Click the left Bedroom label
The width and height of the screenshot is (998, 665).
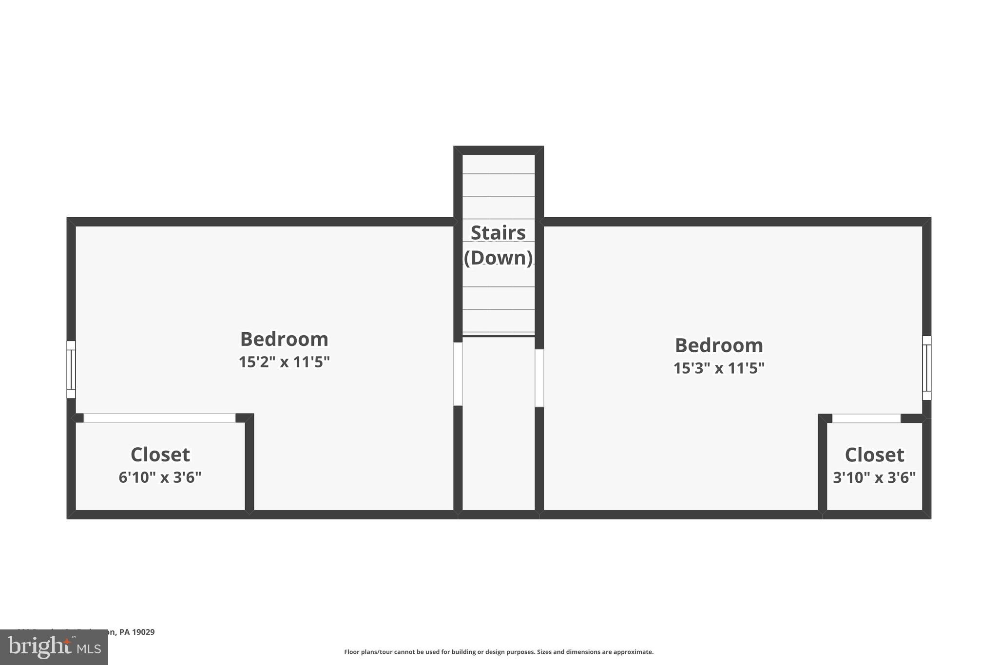tap(284, 339)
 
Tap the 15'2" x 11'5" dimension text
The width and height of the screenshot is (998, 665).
tap(284, 362)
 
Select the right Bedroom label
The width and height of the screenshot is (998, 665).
tap(719, 345)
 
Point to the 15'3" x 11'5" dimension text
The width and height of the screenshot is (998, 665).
tap(719, 368)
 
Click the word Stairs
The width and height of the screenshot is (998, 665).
tap(498, 233)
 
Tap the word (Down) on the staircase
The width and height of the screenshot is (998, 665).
tap(498, 258)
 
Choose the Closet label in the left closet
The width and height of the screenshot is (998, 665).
tap(160, 455)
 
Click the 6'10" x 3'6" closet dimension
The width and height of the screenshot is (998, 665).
tap(160, 477)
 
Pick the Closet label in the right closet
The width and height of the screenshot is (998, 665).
tap(874, 455)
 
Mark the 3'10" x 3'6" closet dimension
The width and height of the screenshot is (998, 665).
tap(874, 477)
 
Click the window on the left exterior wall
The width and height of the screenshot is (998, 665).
tap(71, 369)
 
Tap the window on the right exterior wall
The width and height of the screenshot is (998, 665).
tap(926, 368)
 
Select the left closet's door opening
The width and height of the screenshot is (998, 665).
tap(159, 418)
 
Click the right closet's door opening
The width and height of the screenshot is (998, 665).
tap(866, 418)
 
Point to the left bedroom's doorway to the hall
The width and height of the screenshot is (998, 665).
tap(458, 374)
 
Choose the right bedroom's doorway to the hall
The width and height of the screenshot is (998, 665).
tap(539, 378)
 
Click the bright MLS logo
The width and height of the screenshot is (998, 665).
tap(54, 647)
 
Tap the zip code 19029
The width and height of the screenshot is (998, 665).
tap(143, 632)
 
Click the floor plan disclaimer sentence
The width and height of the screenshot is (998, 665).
tap(499, 652)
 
